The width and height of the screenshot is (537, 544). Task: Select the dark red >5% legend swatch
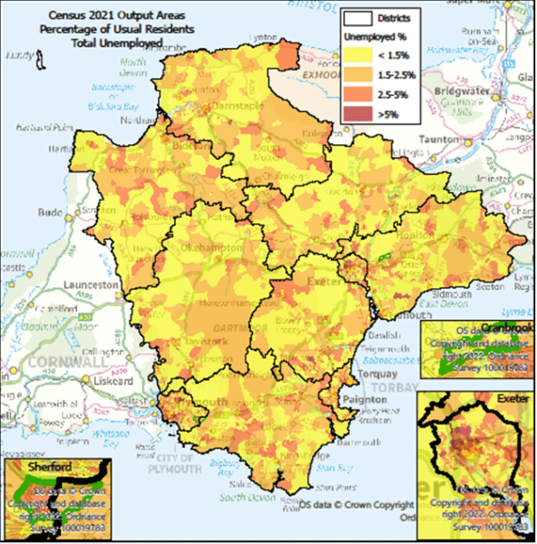tap(364, 112)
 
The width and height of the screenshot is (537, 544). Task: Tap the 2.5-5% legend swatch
tap(364, 94)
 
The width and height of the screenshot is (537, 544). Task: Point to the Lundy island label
tap(17, 53)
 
